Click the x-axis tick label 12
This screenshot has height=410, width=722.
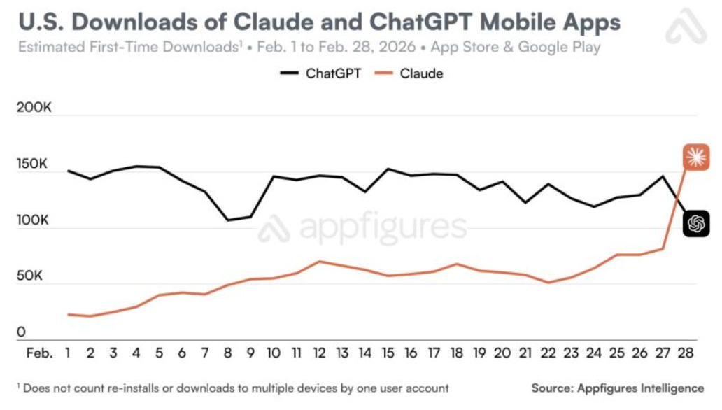pos(319,353)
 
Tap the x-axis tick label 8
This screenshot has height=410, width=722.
pos(228,353)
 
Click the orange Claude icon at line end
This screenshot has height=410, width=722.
pos(695,157)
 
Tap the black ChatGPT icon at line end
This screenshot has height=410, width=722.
pos(695,223)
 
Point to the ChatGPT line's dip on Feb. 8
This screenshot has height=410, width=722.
pos(228,220)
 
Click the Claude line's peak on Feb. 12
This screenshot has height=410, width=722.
pos(319,262)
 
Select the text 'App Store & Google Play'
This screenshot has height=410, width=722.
pos(516,48)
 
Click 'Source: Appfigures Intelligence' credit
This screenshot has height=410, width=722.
pos(618,388)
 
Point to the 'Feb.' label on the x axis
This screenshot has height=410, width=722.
pos(38,353)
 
